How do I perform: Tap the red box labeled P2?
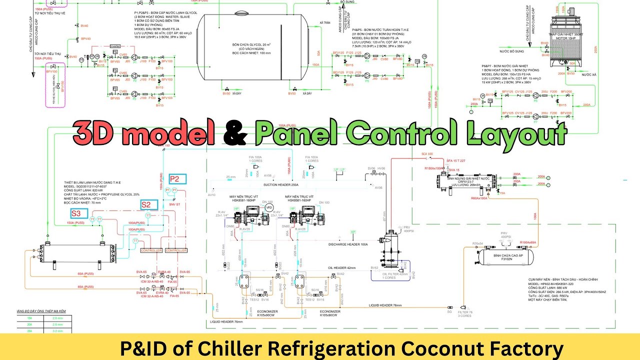pos(176,179)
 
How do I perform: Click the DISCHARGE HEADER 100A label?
pos(348,244)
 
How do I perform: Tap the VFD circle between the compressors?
pos(269,207)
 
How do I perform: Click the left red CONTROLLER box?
pos(151,250)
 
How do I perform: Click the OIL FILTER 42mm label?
pos(395,274)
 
